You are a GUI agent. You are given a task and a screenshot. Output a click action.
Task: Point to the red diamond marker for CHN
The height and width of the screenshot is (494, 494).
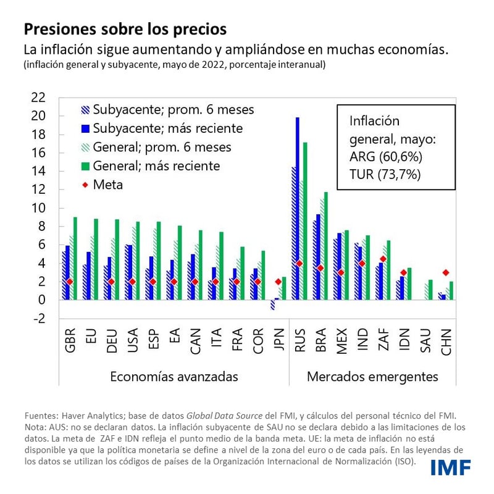[x=446, y=272]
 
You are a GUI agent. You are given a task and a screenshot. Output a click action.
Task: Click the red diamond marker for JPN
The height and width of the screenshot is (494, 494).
[x=278, y=282]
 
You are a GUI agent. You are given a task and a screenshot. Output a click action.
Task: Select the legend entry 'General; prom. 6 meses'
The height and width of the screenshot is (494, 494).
[x=162, y=147]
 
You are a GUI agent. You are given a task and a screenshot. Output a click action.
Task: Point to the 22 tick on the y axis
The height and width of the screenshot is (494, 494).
[x=38, y=98]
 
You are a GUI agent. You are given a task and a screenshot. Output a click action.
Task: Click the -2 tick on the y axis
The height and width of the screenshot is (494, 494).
[x=38, y=319]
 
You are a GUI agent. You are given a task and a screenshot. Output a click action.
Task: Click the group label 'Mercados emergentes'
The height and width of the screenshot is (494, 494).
[x=372, y=376]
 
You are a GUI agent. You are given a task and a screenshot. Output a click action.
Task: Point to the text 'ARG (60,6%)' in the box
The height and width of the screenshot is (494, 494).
[x=386, y=157]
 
